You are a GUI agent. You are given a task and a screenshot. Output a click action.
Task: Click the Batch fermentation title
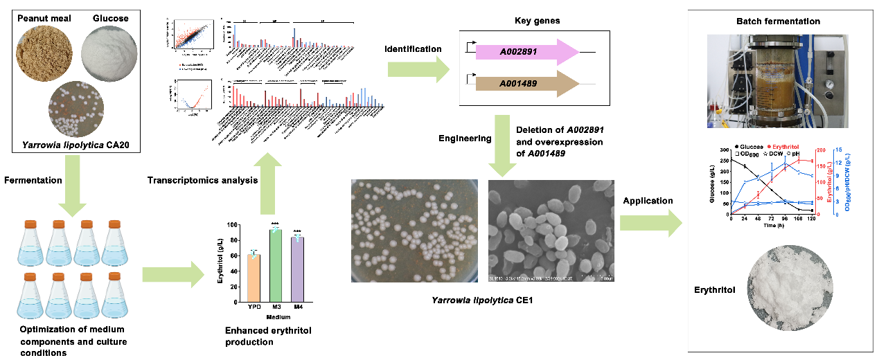click(x=778, y=21)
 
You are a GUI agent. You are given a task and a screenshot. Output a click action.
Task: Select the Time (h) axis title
click(x=770, y=225)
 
